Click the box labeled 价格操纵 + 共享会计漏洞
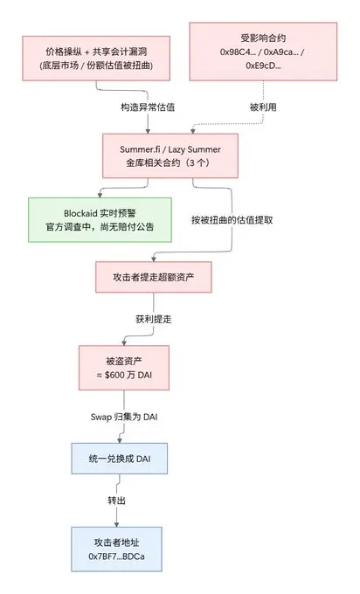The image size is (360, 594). pos(96,59)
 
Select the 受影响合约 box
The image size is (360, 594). pos(263,52)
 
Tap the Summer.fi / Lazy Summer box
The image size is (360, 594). pos(170,155)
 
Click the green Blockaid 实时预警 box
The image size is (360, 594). pos(100,220)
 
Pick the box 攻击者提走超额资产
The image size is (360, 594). pos(154,277)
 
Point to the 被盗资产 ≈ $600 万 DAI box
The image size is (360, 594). pos(124,368)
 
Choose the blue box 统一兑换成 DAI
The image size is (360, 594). pos(120,459)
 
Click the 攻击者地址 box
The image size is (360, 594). pos(117,549)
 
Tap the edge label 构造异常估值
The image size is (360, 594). pos(148,107)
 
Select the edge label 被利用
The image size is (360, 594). pos(263,107)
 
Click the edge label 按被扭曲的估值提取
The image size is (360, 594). pos(232,220)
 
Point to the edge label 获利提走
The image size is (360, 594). pos(154,319)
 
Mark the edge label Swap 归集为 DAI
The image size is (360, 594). pos(124,417)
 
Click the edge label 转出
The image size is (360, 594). pos(117,501)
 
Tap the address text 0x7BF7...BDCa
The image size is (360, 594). pos(117,556)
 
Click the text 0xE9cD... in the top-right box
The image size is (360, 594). pos(263,66)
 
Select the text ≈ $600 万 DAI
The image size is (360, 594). pos(124,375)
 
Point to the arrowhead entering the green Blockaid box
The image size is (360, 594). pos(100,195)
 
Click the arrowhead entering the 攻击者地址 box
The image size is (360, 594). pos(117,524)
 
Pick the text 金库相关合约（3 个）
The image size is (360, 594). pos(168,162)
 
